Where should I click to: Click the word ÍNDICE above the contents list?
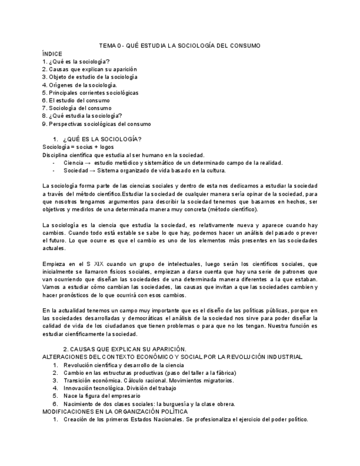tap(52, 53)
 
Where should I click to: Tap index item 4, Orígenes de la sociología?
tap(80, 85)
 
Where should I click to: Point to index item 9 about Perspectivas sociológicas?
tap(96, 124)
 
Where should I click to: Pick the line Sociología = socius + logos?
tap(78, 147)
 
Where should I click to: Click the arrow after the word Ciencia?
tap(88, 163)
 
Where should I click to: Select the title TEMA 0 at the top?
tap(180, 46)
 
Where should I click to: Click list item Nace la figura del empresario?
tap(102, 396)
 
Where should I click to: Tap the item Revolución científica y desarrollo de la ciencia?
tap(124, 365)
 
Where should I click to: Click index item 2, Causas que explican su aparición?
tap(90, 69)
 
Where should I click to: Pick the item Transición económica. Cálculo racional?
tap(148, 380)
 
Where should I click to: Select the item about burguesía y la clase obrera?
tap(149, 404)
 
